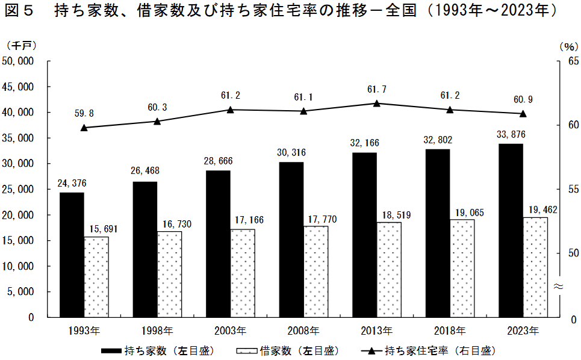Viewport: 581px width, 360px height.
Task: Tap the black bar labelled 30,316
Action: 291,240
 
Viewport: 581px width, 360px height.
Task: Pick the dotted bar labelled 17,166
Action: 243,273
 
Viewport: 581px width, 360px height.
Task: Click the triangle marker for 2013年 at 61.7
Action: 377,104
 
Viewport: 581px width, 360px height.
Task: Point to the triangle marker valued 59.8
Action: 84,128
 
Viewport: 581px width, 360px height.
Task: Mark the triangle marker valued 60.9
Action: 523,114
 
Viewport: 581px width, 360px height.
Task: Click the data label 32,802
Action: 438,140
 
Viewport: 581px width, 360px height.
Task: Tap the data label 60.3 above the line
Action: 157,107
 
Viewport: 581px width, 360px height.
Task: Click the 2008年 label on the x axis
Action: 303,331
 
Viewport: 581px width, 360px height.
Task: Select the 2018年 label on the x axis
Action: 450,331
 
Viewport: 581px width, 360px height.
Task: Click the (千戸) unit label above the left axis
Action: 22,46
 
